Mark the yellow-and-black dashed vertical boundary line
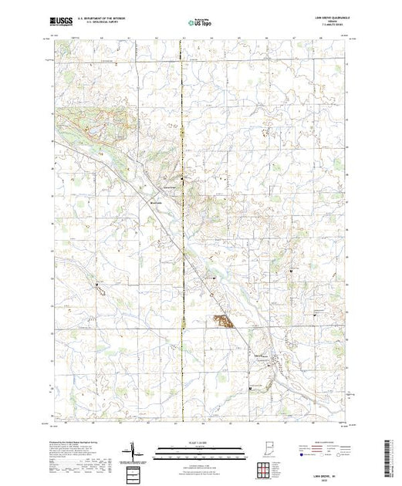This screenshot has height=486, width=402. [x=183, y=231]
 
